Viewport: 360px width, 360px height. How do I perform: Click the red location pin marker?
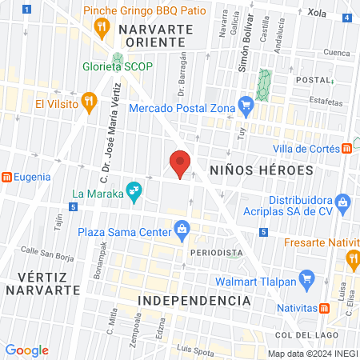pos(180,164)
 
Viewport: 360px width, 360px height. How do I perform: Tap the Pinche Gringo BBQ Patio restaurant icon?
pos(101,29)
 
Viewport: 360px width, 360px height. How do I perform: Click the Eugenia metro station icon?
pos(6,177)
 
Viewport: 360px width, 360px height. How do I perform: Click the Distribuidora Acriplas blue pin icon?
pos(342,201)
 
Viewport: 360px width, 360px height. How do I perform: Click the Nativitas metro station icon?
pos(325,307)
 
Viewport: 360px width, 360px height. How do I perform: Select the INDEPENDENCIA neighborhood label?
pos(194,300)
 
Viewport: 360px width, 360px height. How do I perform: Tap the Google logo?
pos(26,350)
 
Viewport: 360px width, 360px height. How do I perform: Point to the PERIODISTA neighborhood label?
pos(216,252)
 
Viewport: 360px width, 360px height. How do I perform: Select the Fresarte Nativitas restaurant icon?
pos(352,258)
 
